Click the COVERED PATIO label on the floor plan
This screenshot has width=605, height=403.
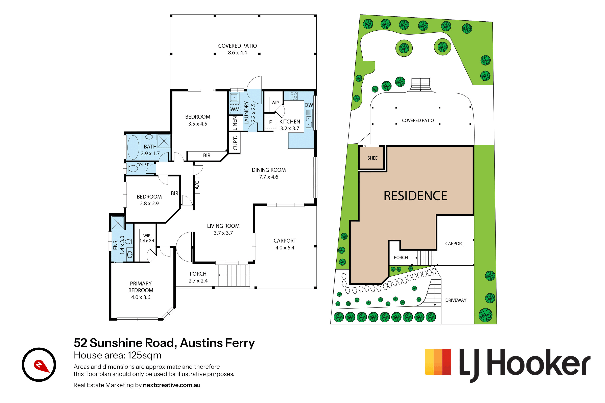click(x=237, y=46)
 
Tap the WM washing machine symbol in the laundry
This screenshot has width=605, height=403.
click(x=235, y=109)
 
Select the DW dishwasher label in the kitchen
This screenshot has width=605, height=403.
click(x=309, y=105)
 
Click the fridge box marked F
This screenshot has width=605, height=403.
click(x=270, y=123)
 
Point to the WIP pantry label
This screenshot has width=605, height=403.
click(x=275, y=103)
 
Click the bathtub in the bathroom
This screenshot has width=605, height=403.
click(x=133, y=147)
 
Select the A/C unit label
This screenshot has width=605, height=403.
click(x=197, y=185)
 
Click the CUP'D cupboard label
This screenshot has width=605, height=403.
click(x=235, y=143)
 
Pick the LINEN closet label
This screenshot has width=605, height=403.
click(x=235, y=123)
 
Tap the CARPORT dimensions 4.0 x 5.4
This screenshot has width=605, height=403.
click(x=285, y=247)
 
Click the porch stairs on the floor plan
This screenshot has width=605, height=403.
click(x=234, y=275)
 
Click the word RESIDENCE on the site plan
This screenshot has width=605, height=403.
click(x=415, y=196)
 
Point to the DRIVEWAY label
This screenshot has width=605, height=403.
click(x=456, y=300)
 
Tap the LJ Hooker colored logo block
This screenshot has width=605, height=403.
click(x=438, y=362)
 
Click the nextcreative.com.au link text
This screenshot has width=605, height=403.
click(x=172, y=385)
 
